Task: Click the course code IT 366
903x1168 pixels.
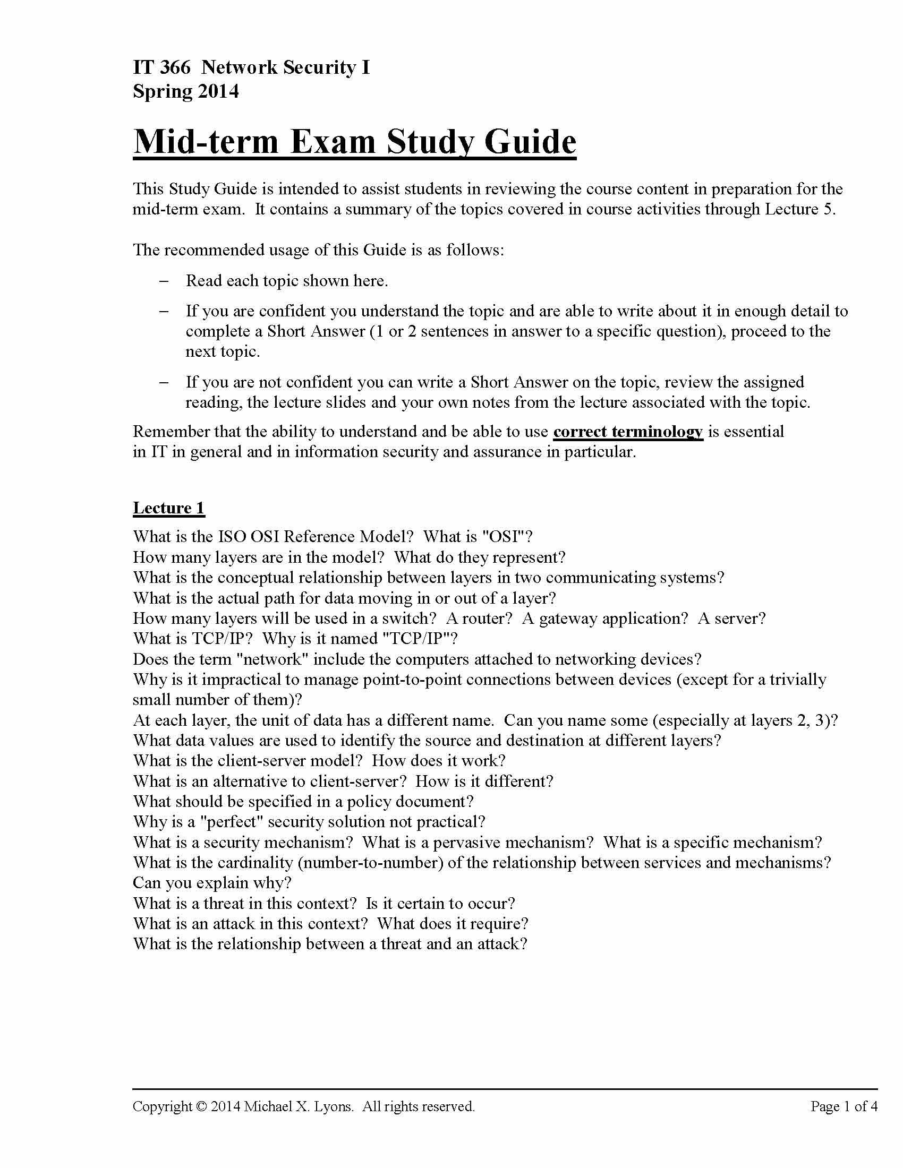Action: point(161,67)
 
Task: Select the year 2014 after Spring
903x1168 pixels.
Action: point(218,91)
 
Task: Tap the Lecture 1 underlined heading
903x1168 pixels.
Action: point(168,508)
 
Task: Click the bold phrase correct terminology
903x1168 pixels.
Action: point(627,432)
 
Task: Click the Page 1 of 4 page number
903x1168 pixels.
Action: point(844,1106)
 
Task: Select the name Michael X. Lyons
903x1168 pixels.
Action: point(299,1106)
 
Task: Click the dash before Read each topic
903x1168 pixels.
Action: point(164,281)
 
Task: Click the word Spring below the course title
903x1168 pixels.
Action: point(163,91)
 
